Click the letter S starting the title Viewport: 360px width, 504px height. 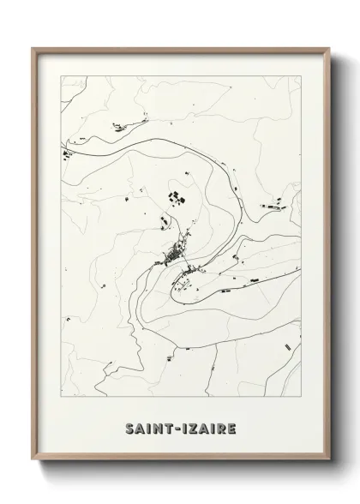[129, 426]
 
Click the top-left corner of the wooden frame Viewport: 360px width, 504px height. [33, 49]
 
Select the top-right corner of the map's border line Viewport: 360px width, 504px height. [301, 75]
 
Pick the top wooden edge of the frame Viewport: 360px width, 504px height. [180, 50]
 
